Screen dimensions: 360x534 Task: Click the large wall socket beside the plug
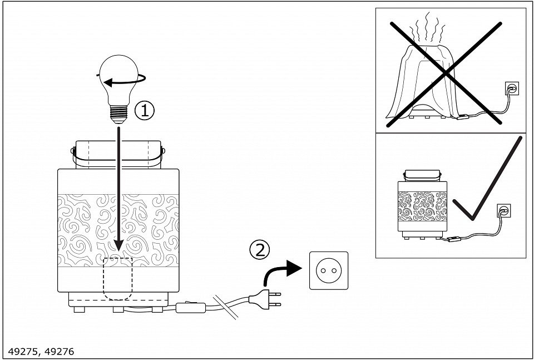(329, 270)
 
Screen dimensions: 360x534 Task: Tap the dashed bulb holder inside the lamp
(118, 278)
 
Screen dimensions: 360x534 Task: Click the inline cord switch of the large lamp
(192, 307)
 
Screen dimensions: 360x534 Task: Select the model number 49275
(26, 352)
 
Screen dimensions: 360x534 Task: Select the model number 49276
(59, 352)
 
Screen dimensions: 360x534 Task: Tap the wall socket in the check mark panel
(503, 211)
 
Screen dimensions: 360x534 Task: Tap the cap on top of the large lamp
(118, 154)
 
